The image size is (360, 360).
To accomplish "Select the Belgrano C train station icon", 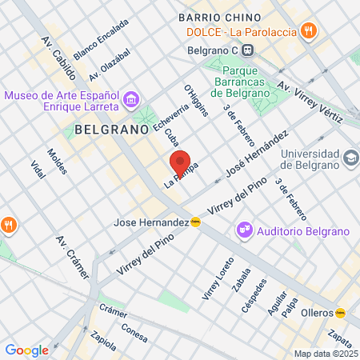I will [x=249, y=49].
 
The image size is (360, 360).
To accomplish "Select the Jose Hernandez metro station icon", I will [x=195, y=222].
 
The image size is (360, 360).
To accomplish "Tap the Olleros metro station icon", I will [x=341, y=312].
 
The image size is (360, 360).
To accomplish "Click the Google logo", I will [x=26, y=350].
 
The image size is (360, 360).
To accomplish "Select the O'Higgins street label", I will [x=196, y=101].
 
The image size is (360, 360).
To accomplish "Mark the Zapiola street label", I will [x=103, y=341].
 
